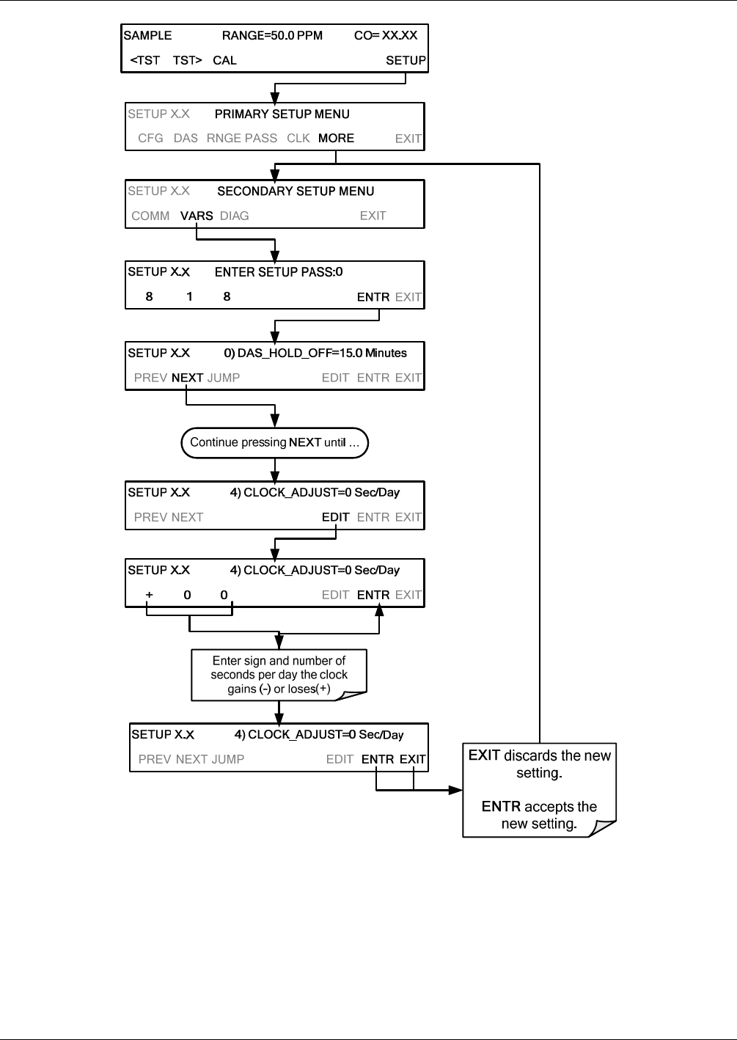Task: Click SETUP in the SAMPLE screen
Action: [406, 60]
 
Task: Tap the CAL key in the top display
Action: [224, 60]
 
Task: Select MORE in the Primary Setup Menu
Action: [336, 138]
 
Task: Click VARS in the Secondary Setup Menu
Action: [197, 216]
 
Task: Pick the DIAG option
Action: [235, 216]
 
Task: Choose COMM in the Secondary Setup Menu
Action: [150, 216]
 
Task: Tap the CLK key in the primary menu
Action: [298, 138]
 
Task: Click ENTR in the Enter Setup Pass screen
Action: [373, 297]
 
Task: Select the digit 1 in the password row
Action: [189, 296]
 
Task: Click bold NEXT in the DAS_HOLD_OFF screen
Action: [188, 378]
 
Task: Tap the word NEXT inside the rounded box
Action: [305, 442]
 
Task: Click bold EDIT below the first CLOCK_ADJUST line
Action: [336, 517]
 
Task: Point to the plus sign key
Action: [149, 595]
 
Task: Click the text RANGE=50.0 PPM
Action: [272, 35]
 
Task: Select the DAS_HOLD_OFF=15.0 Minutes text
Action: [322, 353]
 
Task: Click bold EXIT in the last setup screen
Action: [412, 759]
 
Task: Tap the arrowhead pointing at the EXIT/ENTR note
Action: [455, 790]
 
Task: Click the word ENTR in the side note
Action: [501, 807]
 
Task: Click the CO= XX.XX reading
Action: [386, 35]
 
